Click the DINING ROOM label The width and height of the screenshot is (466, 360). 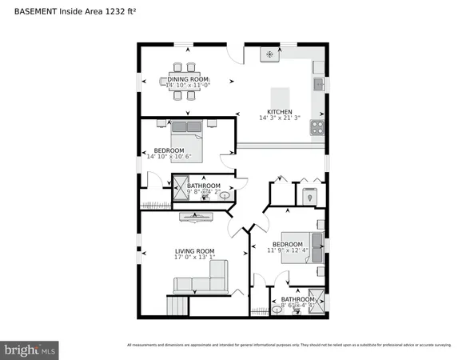(189, 78)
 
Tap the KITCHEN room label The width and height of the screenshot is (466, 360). (279, 112)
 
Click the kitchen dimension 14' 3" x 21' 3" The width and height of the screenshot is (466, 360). (279, 118)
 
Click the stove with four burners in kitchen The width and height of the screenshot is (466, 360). (317, 126)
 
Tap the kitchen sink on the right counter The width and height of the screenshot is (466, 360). (318, 83)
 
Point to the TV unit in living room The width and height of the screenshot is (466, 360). (196, 214)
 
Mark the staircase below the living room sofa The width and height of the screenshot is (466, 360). (177, 305)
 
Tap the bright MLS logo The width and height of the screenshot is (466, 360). (30, 350)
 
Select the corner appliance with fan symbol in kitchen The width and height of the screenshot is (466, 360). (270, 54)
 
